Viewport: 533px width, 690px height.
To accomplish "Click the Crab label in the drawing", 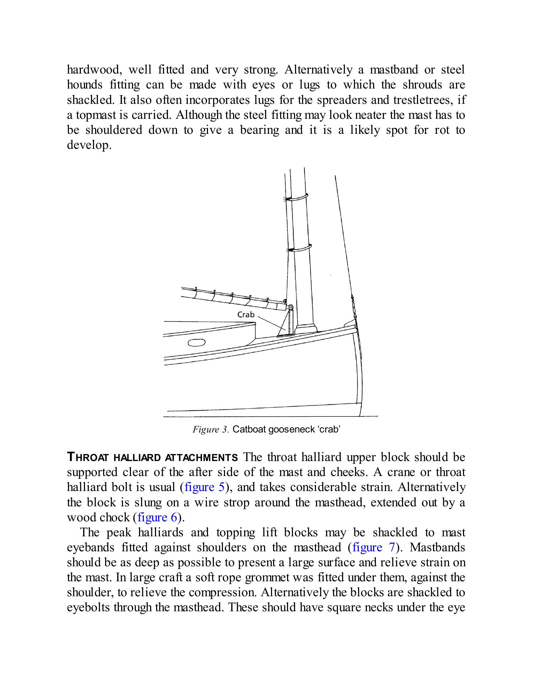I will click(x=246, y=315).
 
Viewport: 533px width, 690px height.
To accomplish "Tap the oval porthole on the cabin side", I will click(x=196, y=343).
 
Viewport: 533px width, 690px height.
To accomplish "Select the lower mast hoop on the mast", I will click(x=299, y=248).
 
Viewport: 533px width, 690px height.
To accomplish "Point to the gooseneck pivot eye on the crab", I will click(x=291, y=307).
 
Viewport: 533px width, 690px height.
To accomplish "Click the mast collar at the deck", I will click(x=306, y=329).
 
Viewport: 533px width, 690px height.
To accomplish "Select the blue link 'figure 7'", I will click(x=373, y=547).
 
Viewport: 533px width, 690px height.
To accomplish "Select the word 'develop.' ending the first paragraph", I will click(x=89, y=145).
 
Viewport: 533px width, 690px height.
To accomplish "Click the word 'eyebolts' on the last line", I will click(x=88, y=608).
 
